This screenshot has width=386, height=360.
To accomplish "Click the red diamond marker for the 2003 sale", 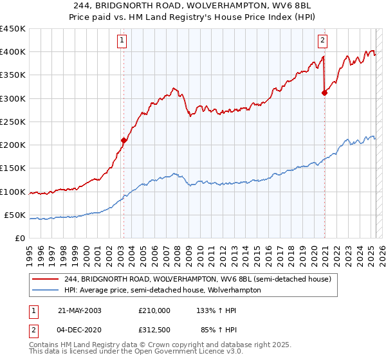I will tap(124, 139).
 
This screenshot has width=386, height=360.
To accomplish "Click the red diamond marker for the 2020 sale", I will tap(324, 93).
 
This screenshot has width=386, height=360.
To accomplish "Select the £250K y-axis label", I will tap(13, 122).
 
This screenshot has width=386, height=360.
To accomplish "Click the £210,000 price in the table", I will tap(154, 310).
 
